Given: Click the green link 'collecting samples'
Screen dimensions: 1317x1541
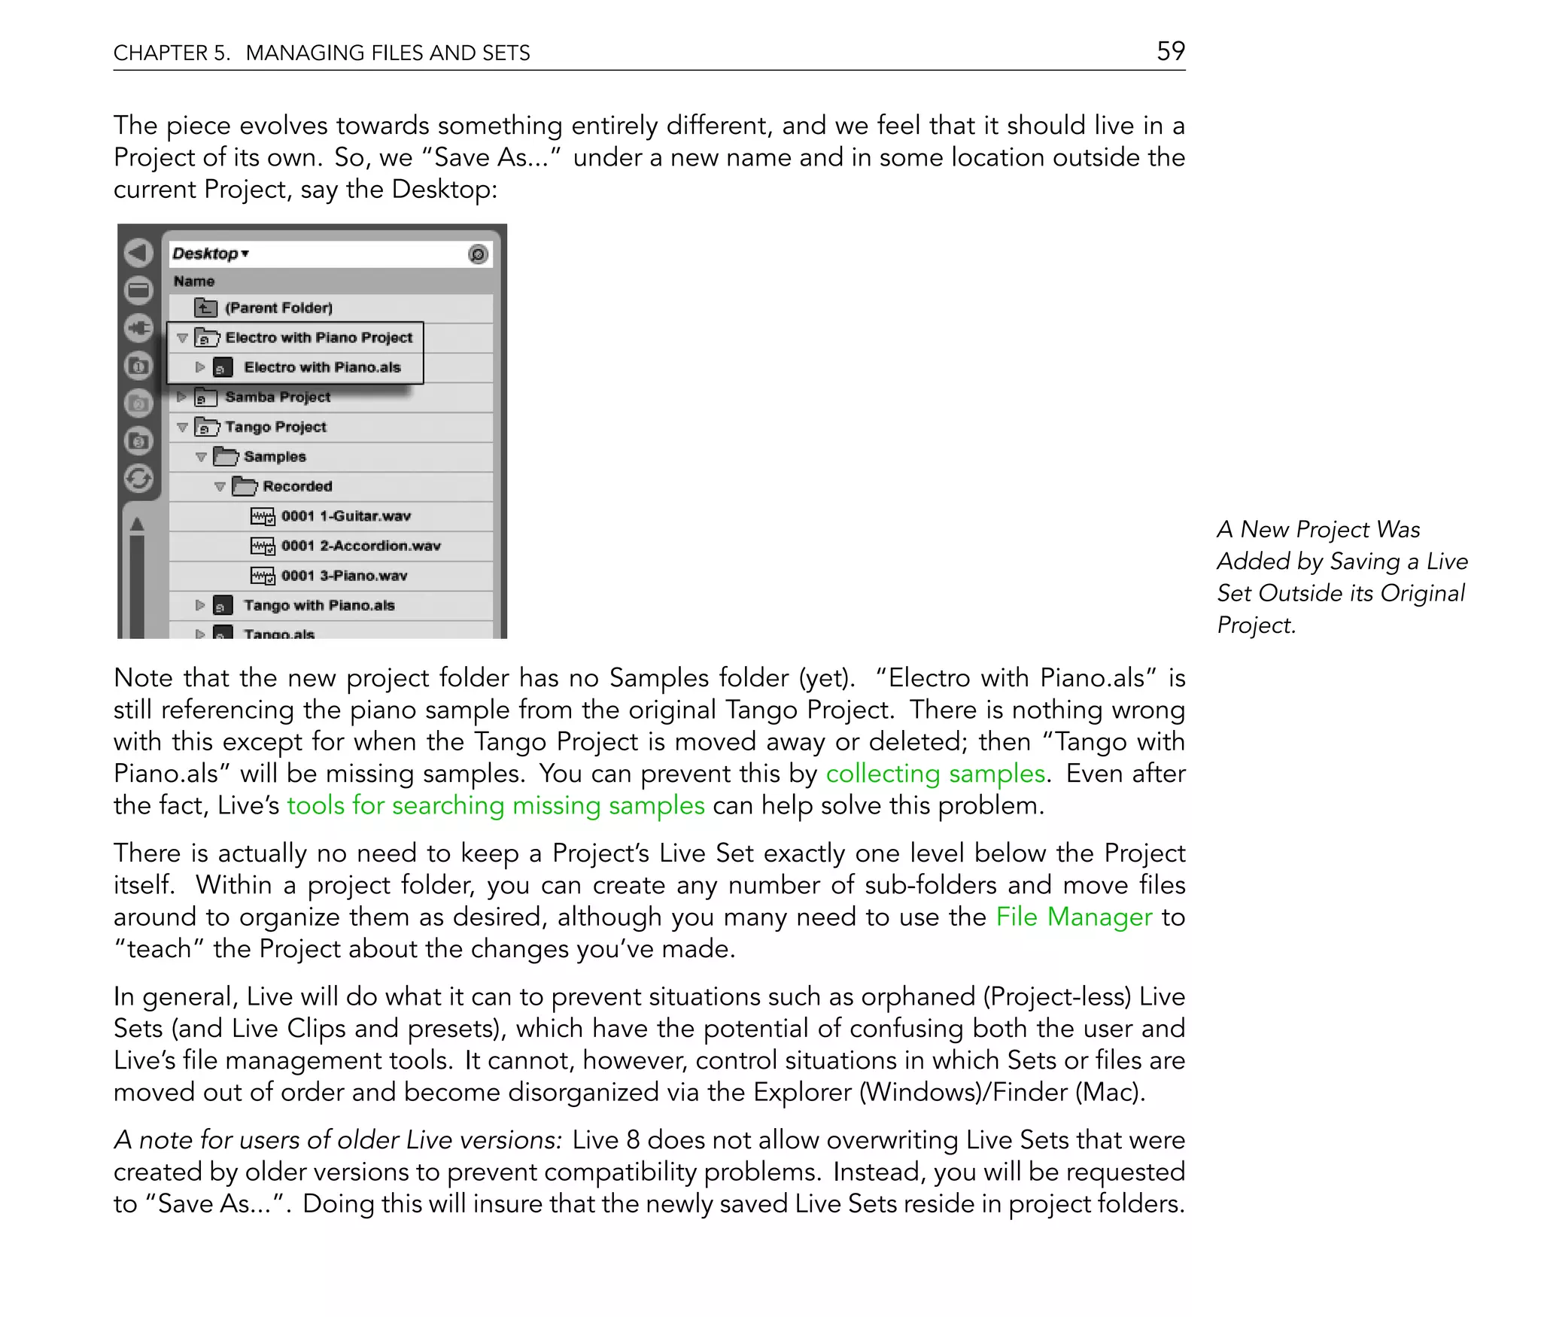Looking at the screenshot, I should click(935, 774).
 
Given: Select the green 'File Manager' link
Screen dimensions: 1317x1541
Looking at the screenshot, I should click(1073, 917).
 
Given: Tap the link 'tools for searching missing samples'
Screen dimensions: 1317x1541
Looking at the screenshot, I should click(495, 806).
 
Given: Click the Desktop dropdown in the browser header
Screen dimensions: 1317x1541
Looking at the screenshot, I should click(211, 254).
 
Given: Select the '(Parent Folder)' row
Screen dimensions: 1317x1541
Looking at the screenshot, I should click(278, 308).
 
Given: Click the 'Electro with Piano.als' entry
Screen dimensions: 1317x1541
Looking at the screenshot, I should click(322, 367).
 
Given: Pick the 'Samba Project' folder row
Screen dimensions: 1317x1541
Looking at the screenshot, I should click(277, 397).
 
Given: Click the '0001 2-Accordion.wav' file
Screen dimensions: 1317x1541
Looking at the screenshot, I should click(360, 546).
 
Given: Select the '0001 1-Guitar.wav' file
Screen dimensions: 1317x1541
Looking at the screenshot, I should click(345, 516).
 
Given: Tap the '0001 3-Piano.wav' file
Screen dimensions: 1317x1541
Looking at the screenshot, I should click(344, 576).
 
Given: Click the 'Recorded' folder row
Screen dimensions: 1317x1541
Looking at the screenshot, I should click(297, 486).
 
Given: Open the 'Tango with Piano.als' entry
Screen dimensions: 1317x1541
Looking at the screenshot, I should click(318, 605).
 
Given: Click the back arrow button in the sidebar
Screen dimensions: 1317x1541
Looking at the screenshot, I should click(138, 254).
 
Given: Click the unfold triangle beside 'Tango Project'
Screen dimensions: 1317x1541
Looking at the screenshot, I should click(182, 427).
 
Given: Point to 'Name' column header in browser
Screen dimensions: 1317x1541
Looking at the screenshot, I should click(194, 281).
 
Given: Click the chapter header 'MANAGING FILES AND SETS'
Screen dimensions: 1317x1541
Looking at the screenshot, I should click(388, 53).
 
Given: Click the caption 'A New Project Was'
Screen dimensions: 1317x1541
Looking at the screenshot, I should click(1318, 530).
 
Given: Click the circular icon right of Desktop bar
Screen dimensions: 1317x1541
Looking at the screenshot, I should click(478, 254).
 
